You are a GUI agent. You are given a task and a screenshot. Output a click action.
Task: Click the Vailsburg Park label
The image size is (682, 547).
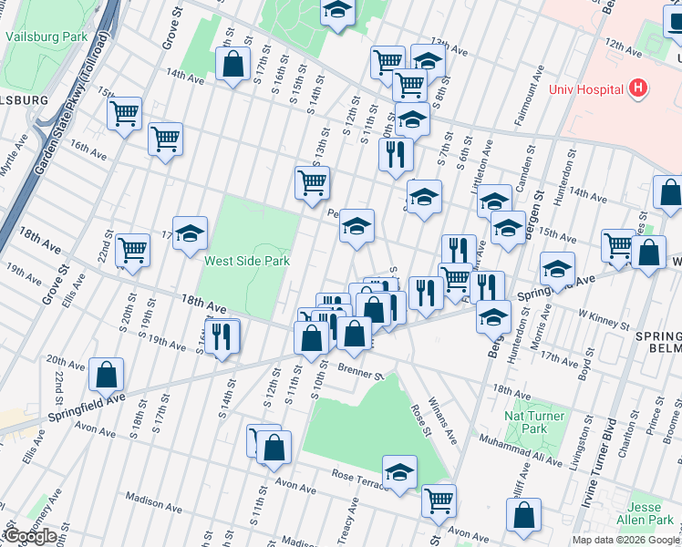pos(45,36)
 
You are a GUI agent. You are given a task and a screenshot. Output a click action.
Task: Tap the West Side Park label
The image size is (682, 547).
pos(246,261)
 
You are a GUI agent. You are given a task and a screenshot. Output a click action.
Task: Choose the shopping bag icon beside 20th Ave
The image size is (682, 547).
pos(107,375)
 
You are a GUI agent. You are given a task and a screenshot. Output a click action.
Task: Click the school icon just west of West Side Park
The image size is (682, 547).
pos(191,233)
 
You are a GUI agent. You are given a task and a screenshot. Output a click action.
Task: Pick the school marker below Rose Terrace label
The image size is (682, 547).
pos(399,473)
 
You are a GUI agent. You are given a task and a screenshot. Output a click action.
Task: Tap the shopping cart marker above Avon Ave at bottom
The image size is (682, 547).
pos(439,500)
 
